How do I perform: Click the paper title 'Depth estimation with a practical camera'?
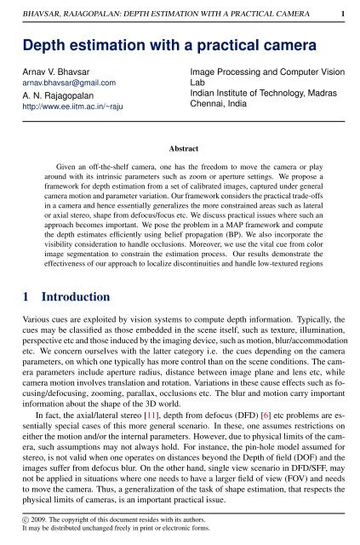tap(140, 45)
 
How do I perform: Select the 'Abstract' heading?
tap(180, 147)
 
